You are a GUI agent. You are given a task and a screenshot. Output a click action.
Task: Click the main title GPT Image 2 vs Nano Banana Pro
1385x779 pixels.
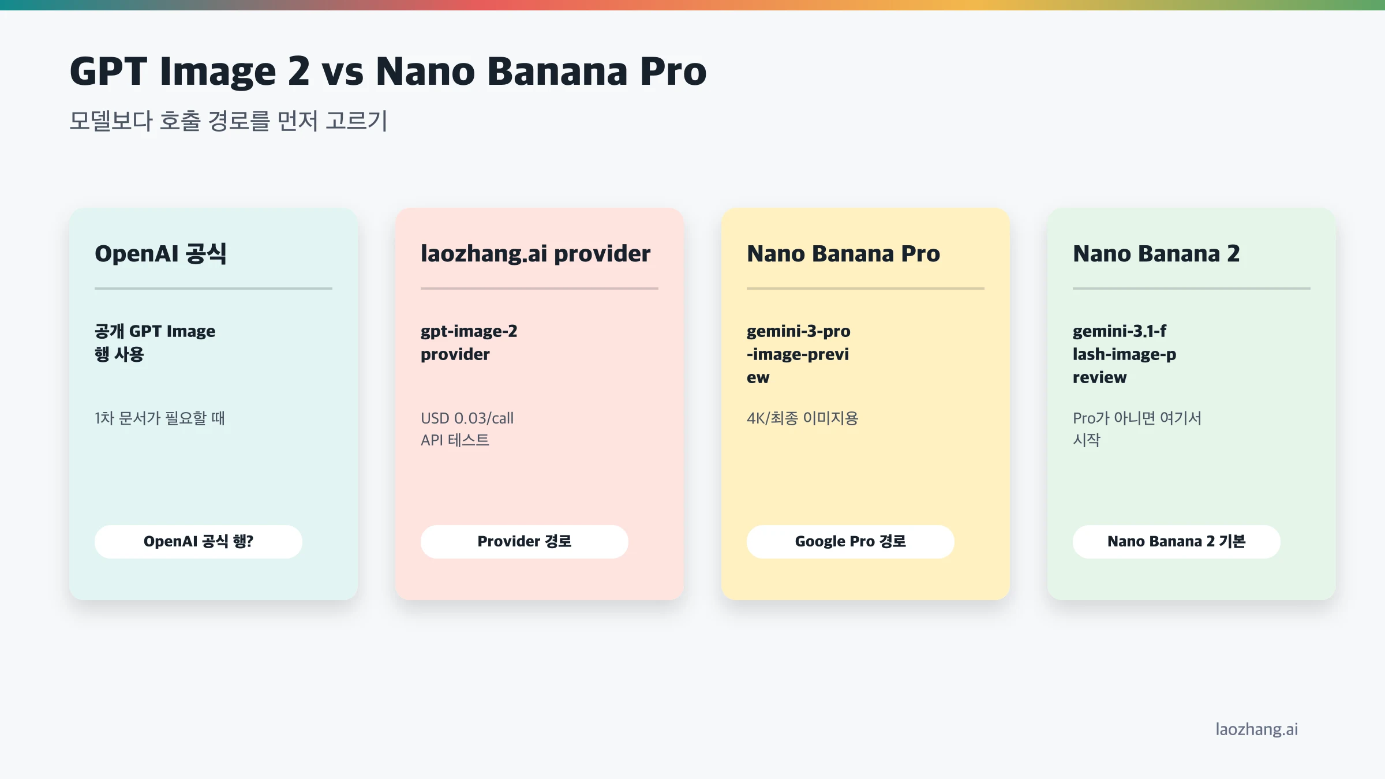click(388, 72)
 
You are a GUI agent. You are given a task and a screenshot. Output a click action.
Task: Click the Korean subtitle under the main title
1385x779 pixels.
click(229, 121)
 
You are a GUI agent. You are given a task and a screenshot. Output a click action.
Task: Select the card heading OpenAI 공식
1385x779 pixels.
click(160, 254)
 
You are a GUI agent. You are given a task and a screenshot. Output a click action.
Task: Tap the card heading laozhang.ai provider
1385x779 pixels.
click(535, 254)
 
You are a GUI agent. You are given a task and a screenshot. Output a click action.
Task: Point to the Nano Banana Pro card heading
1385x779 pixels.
click(843, 254)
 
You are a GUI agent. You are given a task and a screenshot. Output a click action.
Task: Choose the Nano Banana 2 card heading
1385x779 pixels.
click(1156, 254)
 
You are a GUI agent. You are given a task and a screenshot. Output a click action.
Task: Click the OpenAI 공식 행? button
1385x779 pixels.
click(198, 541)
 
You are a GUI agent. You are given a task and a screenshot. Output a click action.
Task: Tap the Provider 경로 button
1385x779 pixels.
click(524, 541)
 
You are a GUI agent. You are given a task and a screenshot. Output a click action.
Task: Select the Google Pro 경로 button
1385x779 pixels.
click(850, 541)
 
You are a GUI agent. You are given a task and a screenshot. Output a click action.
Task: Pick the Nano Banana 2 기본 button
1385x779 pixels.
click(1176, 541)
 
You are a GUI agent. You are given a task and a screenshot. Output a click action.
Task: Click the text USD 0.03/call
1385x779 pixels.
click(467, 418)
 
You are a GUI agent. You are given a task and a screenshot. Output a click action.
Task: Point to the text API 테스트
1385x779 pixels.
click(455, 440)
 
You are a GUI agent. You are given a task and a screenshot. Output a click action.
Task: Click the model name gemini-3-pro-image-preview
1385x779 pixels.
click(798, 354)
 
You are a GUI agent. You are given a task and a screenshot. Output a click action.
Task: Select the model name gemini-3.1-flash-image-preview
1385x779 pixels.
click(1124, 354)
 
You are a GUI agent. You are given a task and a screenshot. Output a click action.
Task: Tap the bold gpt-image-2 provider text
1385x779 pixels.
click(469, 342)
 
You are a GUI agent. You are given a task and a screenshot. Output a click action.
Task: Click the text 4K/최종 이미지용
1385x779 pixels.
click(802, 418)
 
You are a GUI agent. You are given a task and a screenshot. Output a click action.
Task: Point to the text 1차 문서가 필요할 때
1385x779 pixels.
click(160, 418)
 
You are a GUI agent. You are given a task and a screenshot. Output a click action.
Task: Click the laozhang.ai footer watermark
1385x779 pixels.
click(1256, 729)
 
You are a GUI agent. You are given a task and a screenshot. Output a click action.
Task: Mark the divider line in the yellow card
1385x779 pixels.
click(865, 288)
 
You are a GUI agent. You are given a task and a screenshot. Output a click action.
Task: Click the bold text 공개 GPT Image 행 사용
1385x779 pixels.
click(155, 342)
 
